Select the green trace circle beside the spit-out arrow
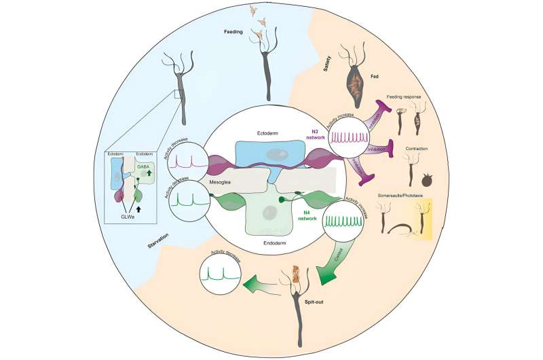[222, 276]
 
